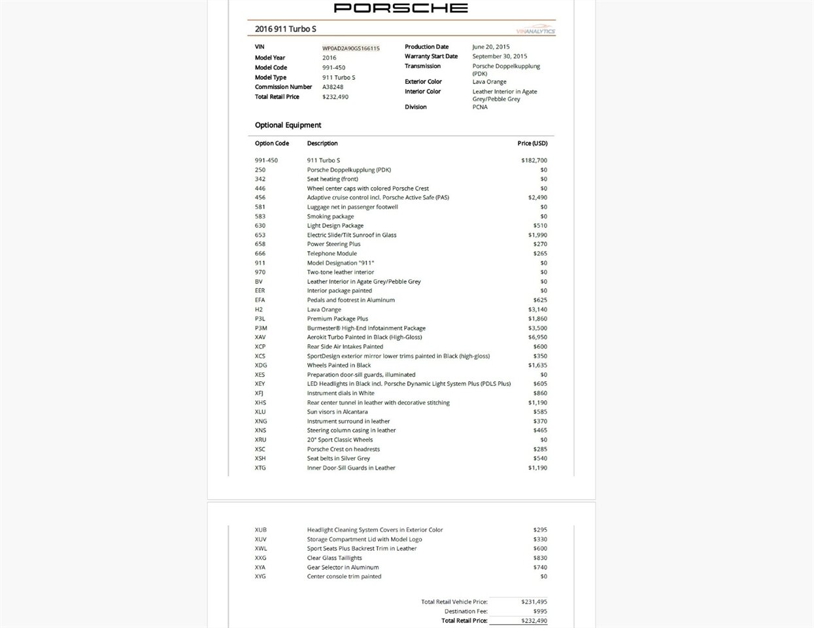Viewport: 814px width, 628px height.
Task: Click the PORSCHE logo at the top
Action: point(401,8)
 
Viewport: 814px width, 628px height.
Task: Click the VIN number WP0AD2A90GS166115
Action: point(350,48)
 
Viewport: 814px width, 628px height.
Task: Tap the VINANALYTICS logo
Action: point(535,31)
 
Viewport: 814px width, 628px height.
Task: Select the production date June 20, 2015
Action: point(490,47)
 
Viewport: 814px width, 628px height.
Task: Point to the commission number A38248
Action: point(333,87)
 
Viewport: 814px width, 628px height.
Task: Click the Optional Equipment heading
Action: point(288,125)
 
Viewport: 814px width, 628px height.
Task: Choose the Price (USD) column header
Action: point(532,143)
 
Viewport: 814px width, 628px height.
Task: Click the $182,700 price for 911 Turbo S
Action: point(534,160)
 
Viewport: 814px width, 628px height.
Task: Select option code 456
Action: point(260,198)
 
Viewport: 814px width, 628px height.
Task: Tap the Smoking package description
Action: point(330,217)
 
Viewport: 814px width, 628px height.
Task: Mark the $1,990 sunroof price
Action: point(537,235)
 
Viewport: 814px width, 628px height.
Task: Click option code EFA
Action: point(260,300)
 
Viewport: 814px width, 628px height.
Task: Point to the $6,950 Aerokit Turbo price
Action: point(537,338)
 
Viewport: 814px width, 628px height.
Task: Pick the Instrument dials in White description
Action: point(341,393)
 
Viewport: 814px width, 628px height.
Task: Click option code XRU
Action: point(261,440)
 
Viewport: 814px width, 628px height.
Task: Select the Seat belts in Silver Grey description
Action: point(338,459)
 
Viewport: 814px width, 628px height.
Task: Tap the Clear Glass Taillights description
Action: point(334,558)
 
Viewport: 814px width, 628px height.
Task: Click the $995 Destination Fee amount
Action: point(540,612)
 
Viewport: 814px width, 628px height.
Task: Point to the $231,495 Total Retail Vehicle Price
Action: point(534,602)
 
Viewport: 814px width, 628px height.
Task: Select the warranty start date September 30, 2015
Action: point(500,56)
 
